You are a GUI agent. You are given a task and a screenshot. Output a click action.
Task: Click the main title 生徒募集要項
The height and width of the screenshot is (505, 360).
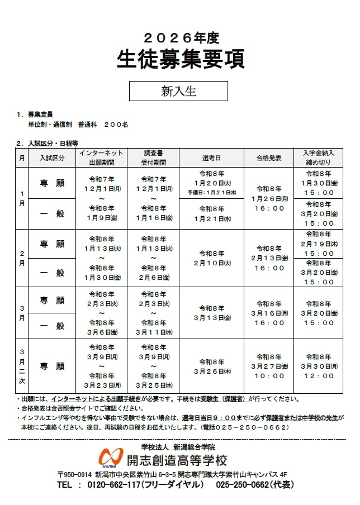180,58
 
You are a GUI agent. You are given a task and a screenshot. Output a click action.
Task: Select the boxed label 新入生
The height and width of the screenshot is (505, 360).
178,91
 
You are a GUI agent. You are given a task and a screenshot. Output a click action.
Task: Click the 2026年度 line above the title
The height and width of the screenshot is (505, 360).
180,37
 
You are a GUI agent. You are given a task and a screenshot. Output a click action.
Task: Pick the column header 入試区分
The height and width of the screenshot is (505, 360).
52,158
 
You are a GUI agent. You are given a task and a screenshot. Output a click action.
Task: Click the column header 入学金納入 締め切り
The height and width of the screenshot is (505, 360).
319,157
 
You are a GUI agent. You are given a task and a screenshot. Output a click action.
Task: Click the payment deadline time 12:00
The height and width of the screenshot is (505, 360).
319,376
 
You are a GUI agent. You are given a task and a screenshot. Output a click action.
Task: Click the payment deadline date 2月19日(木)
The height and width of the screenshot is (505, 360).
319,244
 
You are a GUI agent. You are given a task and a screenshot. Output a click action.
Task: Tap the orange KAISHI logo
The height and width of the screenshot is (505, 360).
110,457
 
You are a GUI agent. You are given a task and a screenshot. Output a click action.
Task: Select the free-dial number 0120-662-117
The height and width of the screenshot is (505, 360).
121,485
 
